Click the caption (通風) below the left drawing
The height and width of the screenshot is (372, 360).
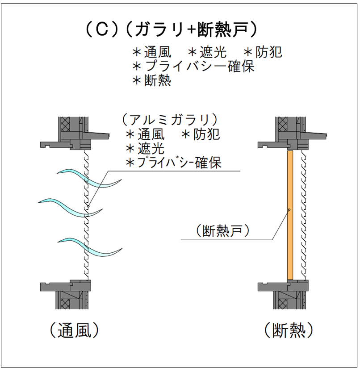point(72,331)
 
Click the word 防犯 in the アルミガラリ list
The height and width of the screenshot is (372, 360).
point(207,134)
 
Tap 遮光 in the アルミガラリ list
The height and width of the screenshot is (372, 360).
point(152,148)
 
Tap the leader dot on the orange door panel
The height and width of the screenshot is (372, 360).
point(290,209)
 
